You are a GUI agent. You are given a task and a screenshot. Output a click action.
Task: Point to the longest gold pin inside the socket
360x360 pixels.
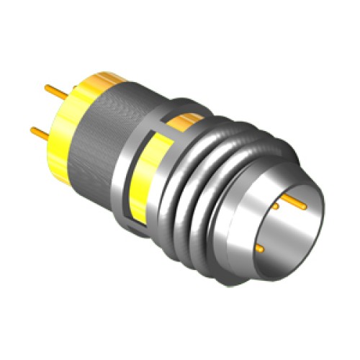pyautogui.click(x=292, y=201)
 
